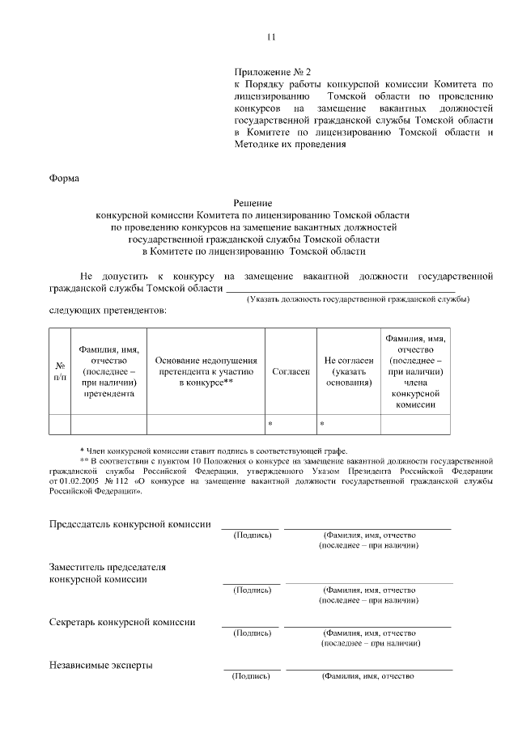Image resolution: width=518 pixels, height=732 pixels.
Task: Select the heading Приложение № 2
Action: coord(267,71)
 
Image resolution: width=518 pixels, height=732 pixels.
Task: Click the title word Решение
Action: coord(253,203)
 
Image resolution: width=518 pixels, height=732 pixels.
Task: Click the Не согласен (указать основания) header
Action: coord(348,371)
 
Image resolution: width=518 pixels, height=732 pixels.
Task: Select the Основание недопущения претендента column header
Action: coord(206,371)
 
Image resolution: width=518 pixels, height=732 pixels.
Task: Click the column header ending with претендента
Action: coord(109,371)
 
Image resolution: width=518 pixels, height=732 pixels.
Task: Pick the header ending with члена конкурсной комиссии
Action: coord(416,371)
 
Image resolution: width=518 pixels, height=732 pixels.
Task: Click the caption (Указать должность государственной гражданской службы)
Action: coord(358,300)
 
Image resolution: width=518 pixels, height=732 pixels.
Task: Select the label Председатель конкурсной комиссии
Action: coord(130,524)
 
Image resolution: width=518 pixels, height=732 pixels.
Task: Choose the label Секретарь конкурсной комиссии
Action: coord(121,622)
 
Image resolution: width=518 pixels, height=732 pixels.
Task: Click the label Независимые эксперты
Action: coord(101,666)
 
